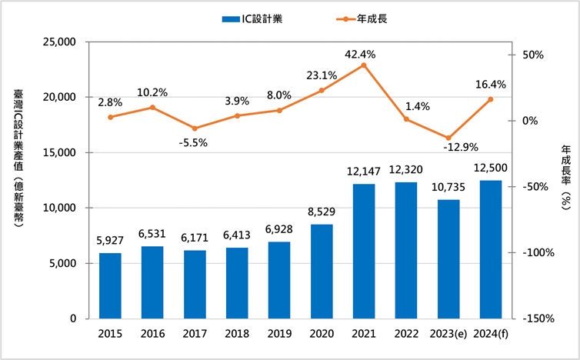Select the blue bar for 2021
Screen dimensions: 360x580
pos(364,251)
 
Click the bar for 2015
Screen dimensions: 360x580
pos(111,285)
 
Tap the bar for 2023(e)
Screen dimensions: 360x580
pos(448,259)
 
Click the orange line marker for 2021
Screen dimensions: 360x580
pos(364,65)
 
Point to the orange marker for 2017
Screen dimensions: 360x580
pos(195,128)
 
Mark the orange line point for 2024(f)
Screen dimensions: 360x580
pos(491,99)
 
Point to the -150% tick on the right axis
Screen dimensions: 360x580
pos(537,318)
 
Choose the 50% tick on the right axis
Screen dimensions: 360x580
pos(532,55)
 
